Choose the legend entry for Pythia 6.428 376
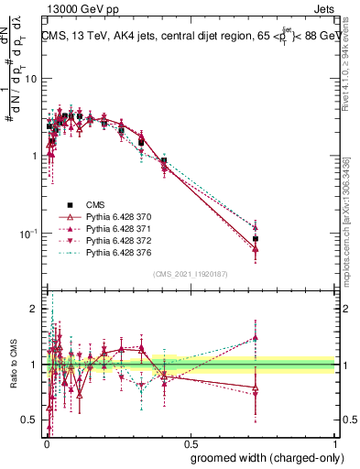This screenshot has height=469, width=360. pos(112,252)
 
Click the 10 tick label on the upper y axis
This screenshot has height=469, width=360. pos(31,78)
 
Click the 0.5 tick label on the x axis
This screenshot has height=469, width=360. pos(190,439)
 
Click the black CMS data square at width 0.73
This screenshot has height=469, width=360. pos(256,238)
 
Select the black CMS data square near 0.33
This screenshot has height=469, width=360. pos(141,143)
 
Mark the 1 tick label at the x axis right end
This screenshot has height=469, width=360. pos(333,439)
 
